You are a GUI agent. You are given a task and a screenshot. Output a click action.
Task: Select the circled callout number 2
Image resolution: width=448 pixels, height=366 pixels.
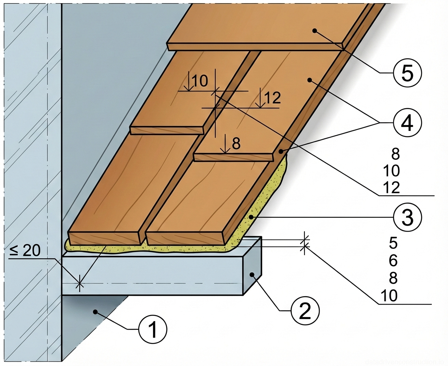click(x=305, y=310)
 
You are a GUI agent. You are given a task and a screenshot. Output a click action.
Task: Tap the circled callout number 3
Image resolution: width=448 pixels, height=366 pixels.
click(x=407, y=217)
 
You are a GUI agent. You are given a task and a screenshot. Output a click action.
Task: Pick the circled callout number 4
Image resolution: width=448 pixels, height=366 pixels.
click(x=407, y=123)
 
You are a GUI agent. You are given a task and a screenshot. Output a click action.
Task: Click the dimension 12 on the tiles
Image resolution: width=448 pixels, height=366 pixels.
click(x=272, y=98)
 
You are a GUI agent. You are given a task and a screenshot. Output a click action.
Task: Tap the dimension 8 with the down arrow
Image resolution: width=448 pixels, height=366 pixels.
click(x=236, y=144)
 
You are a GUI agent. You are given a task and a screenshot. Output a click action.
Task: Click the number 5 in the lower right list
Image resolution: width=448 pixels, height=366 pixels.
click(x=393, y=243)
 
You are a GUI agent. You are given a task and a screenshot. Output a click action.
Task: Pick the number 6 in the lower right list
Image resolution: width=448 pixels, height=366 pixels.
click(x=393, y=261)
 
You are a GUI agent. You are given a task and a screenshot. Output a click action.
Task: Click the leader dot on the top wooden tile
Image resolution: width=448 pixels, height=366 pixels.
click(x=314, y=30)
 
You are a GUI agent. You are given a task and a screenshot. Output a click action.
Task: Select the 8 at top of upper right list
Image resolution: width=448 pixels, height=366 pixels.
click(x=393, y=153)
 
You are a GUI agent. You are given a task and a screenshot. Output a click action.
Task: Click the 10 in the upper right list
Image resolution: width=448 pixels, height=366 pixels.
click(x=391, y=171)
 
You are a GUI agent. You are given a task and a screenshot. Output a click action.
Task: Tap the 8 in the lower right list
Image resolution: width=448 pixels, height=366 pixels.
click(x=393, y=278)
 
